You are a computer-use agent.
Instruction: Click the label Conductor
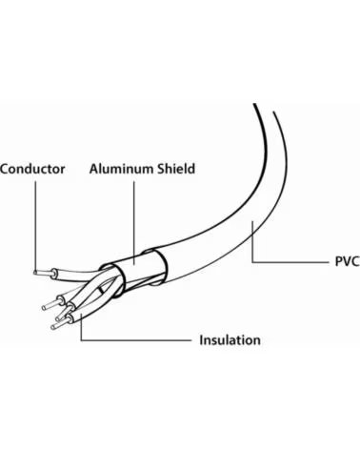pyautogui.click(x=32, y=169)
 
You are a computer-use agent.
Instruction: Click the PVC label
pyautogui.click(x=348, y=261)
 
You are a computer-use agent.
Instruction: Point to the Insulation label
pyautogui.click(x=230, y=340)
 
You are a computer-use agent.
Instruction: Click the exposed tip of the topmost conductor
pyautogui.click(x=35, y=272)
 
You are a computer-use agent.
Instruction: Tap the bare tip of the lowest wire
pyautogui.click(x=52, y=327)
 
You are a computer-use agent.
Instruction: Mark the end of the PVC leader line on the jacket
pyautogui.click(x=252, y=222)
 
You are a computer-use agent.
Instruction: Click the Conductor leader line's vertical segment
pyautogui.click(x=35, y=226)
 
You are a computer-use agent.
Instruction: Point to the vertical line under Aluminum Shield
pyautogui.click(x=134, y=223)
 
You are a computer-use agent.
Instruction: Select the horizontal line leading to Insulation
pyautogui.click(x=136, y=340)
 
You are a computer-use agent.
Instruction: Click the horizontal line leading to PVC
pyautogui.click(x=290, y=262)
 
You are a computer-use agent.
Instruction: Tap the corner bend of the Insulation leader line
pyautogui.click(x=81, y=340)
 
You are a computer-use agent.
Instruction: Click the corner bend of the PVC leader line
pyautogui.click(x=252, y=262)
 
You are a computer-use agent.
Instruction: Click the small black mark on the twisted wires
pyautogui.click(x=101, y=290)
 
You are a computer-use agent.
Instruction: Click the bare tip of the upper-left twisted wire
pyautogui.click(x=44, y=308)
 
